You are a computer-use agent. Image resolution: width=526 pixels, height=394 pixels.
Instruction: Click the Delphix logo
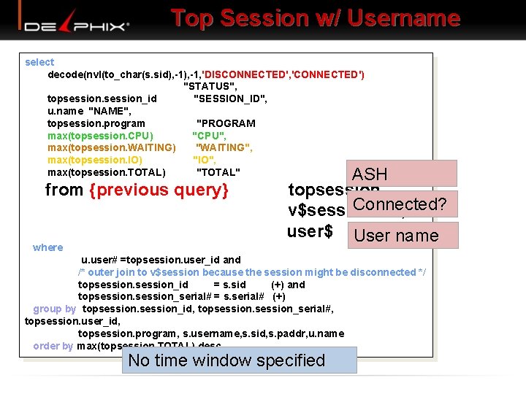(77, 26)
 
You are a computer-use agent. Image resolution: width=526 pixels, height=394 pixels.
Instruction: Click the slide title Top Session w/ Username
(316, 18)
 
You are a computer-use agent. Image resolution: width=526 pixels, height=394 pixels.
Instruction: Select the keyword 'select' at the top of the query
(39, 62)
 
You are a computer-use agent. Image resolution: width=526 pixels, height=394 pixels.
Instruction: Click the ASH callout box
(402, 174)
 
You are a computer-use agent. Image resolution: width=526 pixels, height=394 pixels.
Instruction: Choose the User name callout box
(403, 236)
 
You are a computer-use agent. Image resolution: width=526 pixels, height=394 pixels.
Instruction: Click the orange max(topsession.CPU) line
(100, 136)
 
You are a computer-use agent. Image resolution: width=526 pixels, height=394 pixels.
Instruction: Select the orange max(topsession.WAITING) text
(111, 147)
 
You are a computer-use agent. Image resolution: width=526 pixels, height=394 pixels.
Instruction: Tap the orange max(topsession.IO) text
(95, 160)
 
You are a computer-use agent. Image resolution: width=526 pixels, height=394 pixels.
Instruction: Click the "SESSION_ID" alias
(230, 98)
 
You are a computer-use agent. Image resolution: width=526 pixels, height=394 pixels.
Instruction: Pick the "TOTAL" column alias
(218, 172)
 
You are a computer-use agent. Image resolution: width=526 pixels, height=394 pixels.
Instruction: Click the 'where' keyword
(48, 247)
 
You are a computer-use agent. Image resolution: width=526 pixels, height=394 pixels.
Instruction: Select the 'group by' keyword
(55, 309)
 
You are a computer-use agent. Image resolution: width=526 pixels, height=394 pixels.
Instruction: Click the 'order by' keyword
(53, 346)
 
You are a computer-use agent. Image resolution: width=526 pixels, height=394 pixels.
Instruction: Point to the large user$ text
(310, 232)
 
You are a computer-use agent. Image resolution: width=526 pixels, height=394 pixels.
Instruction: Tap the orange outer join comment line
(252, 272)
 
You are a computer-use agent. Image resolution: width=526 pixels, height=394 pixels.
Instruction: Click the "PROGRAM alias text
(226, 123)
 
